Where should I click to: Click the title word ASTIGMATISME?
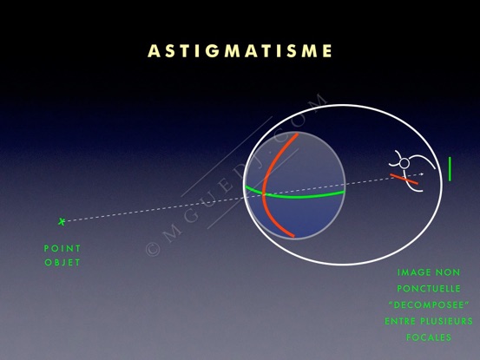click(240, 51)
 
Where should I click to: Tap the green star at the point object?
click(62, 221)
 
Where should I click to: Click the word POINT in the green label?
click(62, 248)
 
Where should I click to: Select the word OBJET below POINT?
click(62, 263)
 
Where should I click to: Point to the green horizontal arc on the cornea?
click(294, 196)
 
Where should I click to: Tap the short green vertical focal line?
click(450, 169)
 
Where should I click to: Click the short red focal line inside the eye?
click(404, 179)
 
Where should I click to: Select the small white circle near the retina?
click(404, 164)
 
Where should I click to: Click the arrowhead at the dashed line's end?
click(422, 174)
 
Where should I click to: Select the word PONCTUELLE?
click(429, 289)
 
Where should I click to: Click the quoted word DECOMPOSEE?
click(429, 305)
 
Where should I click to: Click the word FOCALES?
click(429, 337)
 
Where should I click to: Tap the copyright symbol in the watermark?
click(153, 249)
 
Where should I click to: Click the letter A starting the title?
click(154, 51)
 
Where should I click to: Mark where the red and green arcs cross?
click(264, 194)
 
